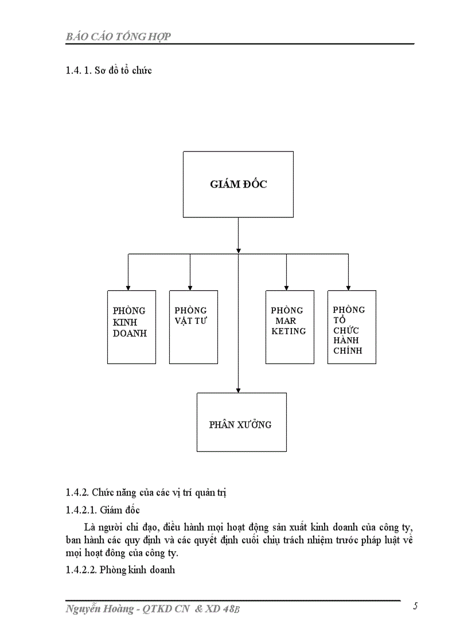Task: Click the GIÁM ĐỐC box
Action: click(x=238, y=184)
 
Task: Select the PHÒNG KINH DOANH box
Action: click(x=131, y=327)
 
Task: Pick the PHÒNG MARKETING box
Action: click(x=290, y=327)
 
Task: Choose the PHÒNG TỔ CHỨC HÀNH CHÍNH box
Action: click(x=352, y=327)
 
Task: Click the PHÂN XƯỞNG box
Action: click(x=241, y=422)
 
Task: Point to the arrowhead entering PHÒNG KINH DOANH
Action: click(x=128, y=287)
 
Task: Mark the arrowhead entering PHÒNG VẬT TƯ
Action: click(x=190, y=287)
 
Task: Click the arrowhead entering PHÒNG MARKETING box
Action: click(x=286, y=287)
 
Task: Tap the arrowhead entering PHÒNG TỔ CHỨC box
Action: click(x=348, y=287)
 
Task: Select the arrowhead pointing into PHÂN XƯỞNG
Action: click(x=238, y=389)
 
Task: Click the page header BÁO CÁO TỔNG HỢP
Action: click(x=118, y=37)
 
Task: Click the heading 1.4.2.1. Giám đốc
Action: click(x=103, y=510)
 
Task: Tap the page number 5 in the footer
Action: click(x=415, y=607)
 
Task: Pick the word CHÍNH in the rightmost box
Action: click(x=348, y=351)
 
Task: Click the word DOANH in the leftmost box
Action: click(x=130, y=333)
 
